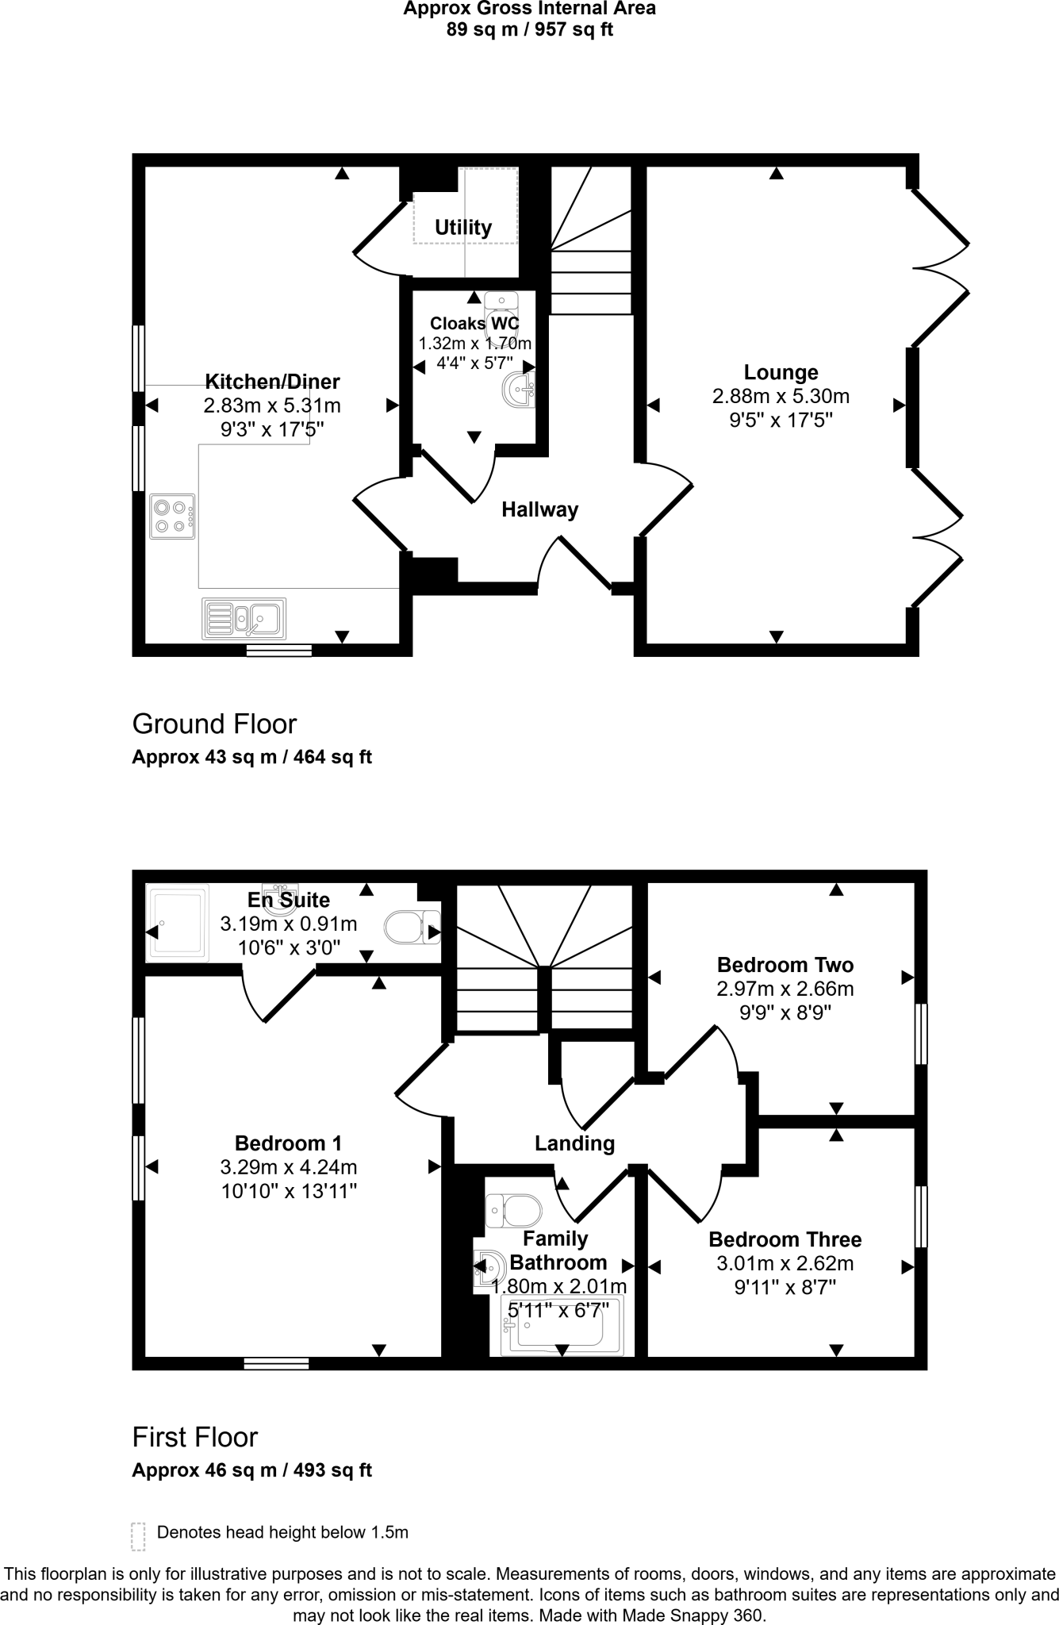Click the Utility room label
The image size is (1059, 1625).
tap(462, 228)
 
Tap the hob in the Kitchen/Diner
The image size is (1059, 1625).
tap(172, 517)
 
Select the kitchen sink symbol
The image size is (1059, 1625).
tap(244, 618)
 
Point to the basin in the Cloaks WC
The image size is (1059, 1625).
tap(520, 390)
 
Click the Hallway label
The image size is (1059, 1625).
tap(539, 509)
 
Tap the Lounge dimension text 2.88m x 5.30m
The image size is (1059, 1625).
tap(781, 396)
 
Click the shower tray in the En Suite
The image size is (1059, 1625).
tap(178, 923)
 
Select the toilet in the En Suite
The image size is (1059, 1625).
tap(412, 927)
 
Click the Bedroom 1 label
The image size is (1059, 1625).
tap(288, 1143)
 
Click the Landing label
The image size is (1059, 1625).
tap(574, 1143)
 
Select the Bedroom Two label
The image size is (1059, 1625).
tap(785, 965)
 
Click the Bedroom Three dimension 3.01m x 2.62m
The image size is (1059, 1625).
tap(785, 1263)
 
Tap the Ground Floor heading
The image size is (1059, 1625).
tap(214, 724)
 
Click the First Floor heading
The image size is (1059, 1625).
tap(195, 1437)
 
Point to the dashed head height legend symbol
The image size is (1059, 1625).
tap(138, 1536)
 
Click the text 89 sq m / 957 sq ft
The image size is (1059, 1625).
tap(529, 30)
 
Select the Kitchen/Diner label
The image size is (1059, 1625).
tap(272, 382)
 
